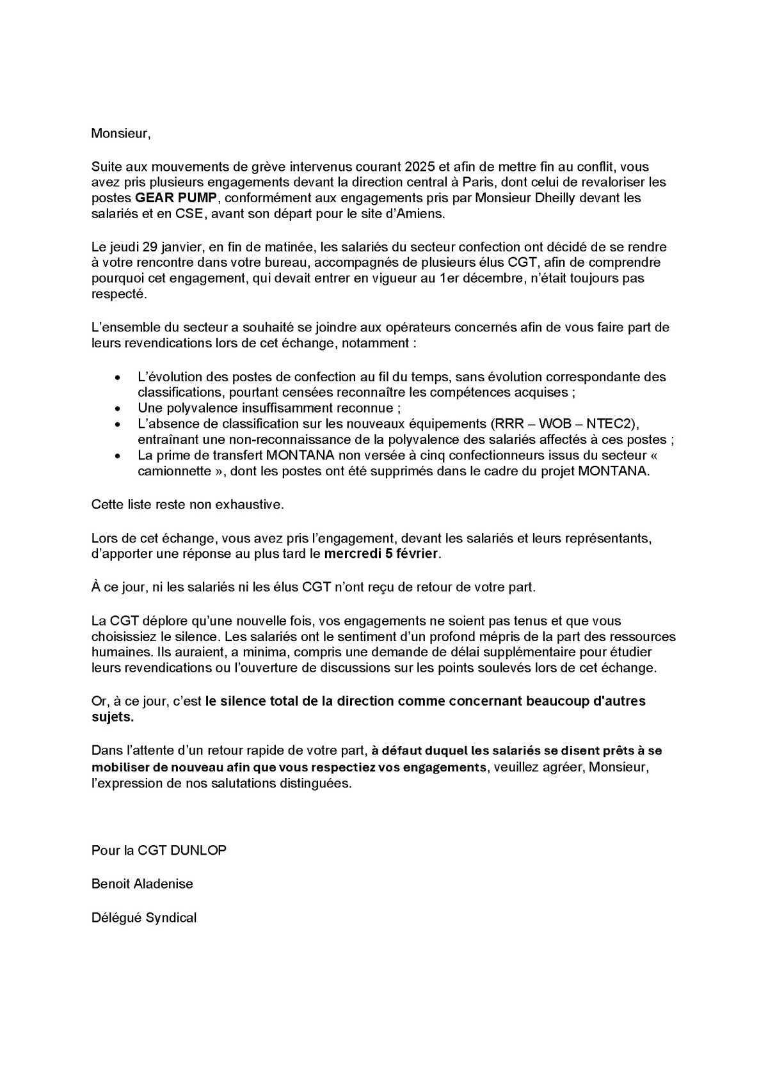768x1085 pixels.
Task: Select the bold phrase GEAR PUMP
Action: [181, 198]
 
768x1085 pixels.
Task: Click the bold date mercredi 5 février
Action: [382, 553]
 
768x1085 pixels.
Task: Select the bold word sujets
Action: [113, 717]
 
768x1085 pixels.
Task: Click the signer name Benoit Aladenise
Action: [142, 883]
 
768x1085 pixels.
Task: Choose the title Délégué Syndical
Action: [143, 917]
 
